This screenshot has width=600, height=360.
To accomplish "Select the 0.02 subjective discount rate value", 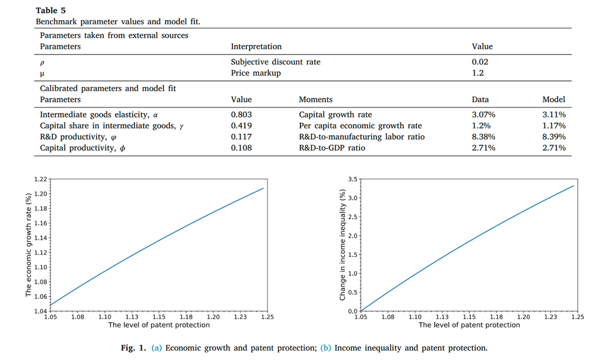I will pos(480,62).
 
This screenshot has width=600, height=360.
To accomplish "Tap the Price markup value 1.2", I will pos(478,73).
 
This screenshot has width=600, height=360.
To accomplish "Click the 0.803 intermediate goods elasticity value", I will pos(241,114).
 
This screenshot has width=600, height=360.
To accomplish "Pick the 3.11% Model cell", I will pos(554,114).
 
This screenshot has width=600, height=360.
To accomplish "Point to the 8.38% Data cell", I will pos(483,137).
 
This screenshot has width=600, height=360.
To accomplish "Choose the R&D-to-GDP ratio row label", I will pos(332,148).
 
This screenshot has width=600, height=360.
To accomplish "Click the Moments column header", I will pos(315,100).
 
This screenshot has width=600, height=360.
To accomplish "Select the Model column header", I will pos(554,100).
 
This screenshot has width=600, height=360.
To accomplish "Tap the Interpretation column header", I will pos(256,46).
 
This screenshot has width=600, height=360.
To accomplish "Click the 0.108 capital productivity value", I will pos(241,148).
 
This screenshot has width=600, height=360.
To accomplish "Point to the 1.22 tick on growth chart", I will pos(41,179).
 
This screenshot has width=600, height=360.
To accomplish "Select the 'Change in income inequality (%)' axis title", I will pos(343,245).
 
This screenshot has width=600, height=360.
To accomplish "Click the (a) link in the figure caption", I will pos(157,348).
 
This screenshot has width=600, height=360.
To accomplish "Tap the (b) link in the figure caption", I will pos(326,348).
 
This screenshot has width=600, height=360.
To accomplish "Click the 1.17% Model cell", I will pos(554,126).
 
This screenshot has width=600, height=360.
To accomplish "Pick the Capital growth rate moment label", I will pos(335,114).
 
